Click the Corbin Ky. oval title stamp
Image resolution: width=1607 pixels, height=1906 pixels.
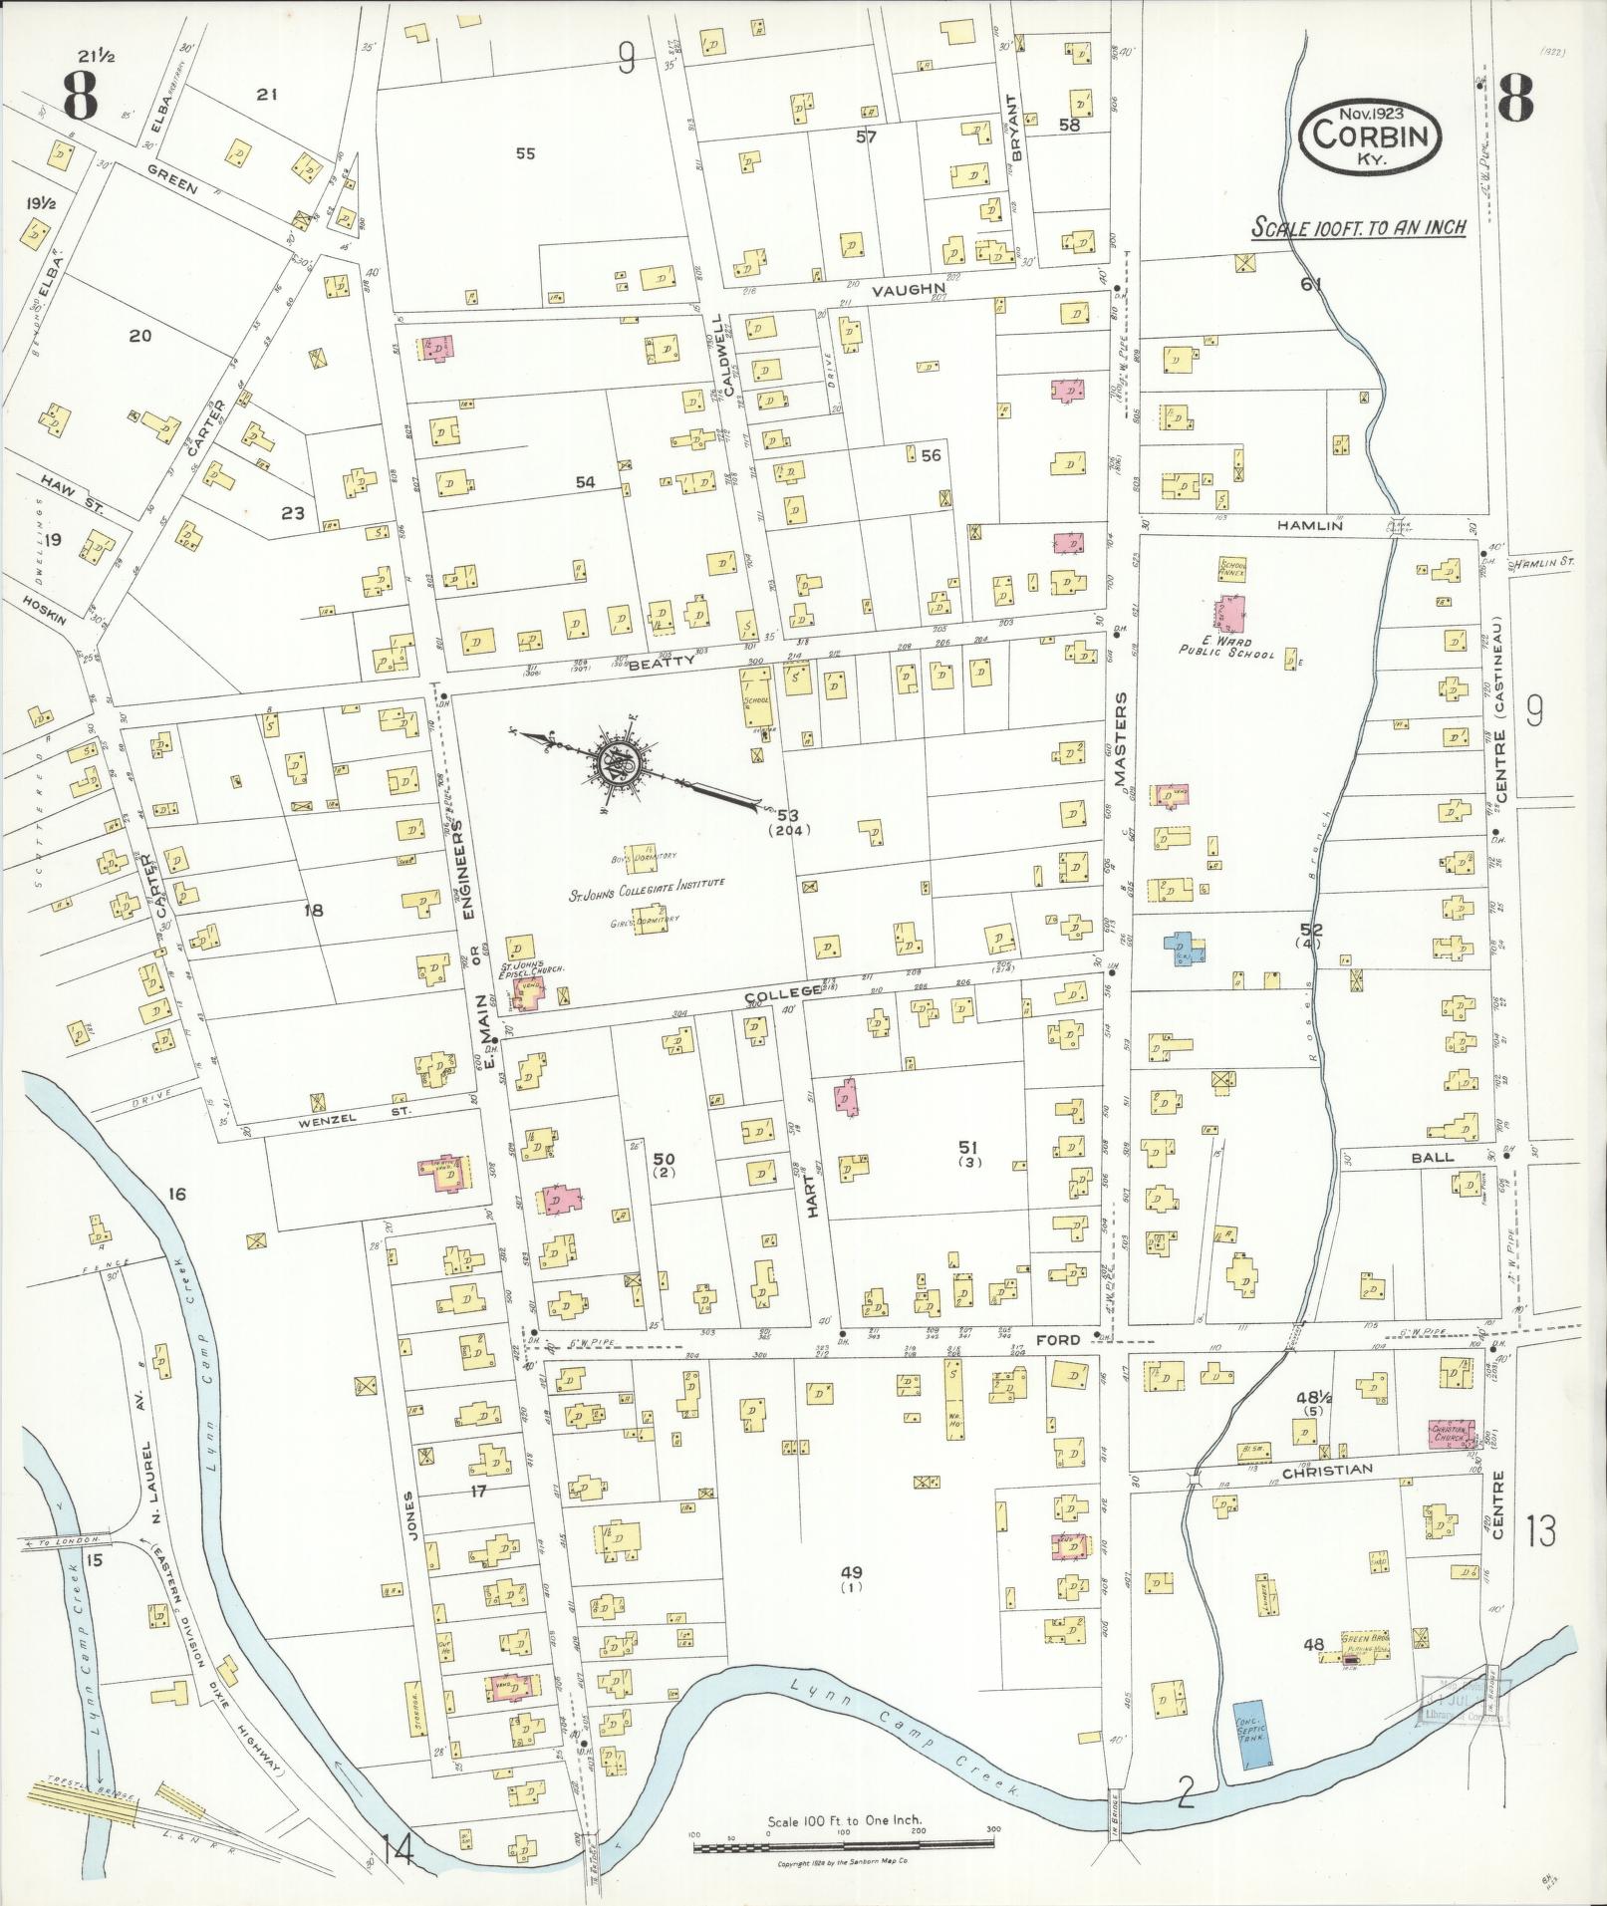1370,135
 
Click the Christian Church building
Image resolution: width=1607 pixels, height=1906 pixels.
1451,1435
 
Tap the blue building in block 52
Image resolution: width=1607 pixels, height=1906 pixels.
1182,948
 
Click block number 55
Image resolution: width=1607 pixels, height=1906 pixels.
526,153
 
